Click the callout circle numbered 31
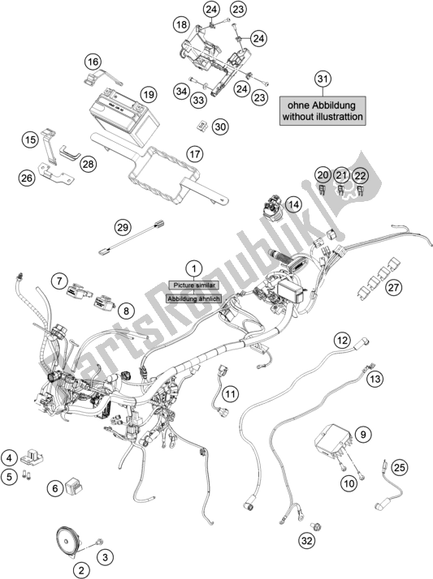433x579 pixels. tap(323, 79)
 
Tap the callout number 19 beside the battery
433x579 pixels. tap(149, 95)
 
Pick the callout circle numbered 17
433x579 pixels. tap(195, 153)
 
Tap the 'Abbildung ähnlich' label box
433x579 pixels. tap(194, 298)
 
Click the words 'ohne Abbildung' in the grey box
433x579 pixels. tap(322, 105)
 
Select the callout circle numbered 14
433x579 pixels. tap(294, 204)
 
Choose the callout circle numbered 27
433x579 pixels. tap(393, 287)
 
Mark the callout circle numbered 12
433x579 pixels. tap(342, 340)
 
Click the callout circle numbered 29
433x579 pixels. tap(123, 227)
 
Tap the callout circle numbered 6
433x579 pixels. tap(55, 488)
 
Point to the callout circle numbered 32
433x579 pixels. tap(306, 541)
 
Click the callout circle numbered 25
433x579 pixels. tap(399, 468)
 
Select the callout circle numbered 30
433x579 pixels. tap(220, 127)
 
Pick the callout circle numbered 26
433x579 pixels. tap(26, 178)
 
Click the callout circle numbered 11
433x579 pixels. tap(231, 394)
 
